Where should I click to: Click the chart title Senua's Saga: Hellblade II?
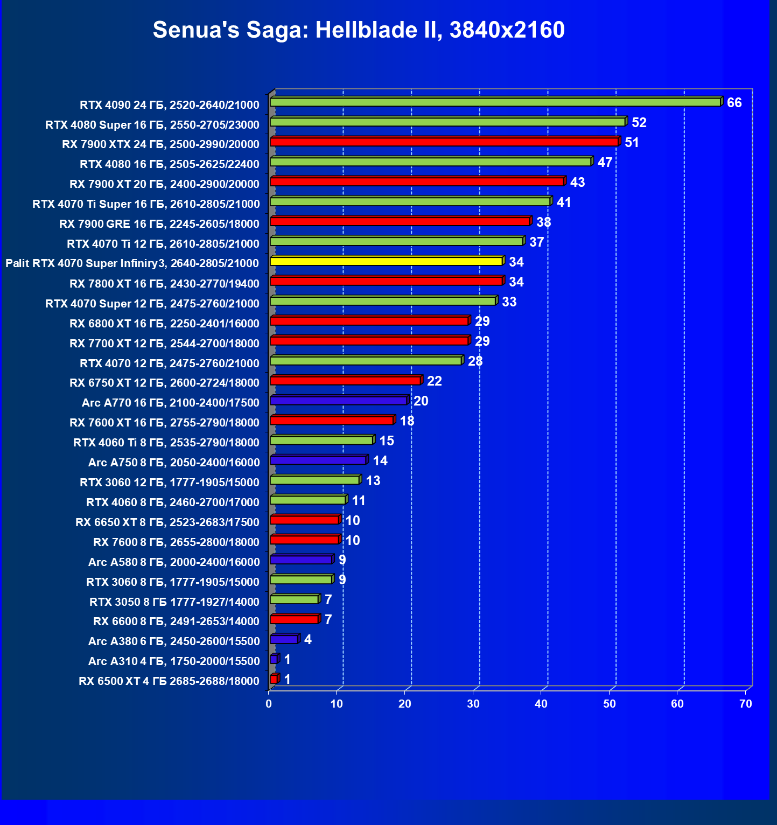click(359, 30)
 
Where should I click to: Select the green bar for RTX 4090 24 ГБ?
click(495, 102)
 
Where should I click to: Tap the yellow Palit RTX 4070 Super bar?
click(387, 261)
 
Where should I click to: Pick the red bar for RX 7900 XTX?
click(444, 142)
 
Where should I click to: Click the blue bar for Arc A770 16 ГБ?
click(339, 401)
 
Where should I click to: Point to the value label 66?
click(734, 103)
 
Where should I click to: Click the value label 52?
click(639, 123)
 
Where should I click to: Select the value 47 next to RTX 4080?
click(605, 163)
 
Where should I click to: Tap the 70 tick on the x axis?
click(745, 704)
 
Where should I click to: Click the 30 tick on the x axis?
click(473, 704)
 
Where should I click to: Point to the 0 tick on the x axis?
click(269, 704)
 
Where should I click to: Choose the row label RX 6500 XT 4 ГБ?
click(169, 681)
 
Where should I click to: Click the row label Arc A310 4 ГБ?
click(174, 661)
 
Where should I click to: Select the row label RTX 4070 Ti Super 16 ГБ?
click(146, 204)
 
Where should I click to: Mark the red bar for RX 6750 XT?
click(345, 381)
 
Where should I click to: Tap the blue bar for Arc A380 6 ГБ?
click(284, 639)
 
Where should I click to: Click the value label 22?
click(434, 381)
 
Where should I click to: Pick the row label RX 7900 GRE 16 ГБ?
click(159, 224)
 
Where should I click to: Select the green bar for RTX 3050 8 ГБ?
click(294, 599)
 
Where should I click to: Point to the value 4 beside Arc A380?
click(307, 640)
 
